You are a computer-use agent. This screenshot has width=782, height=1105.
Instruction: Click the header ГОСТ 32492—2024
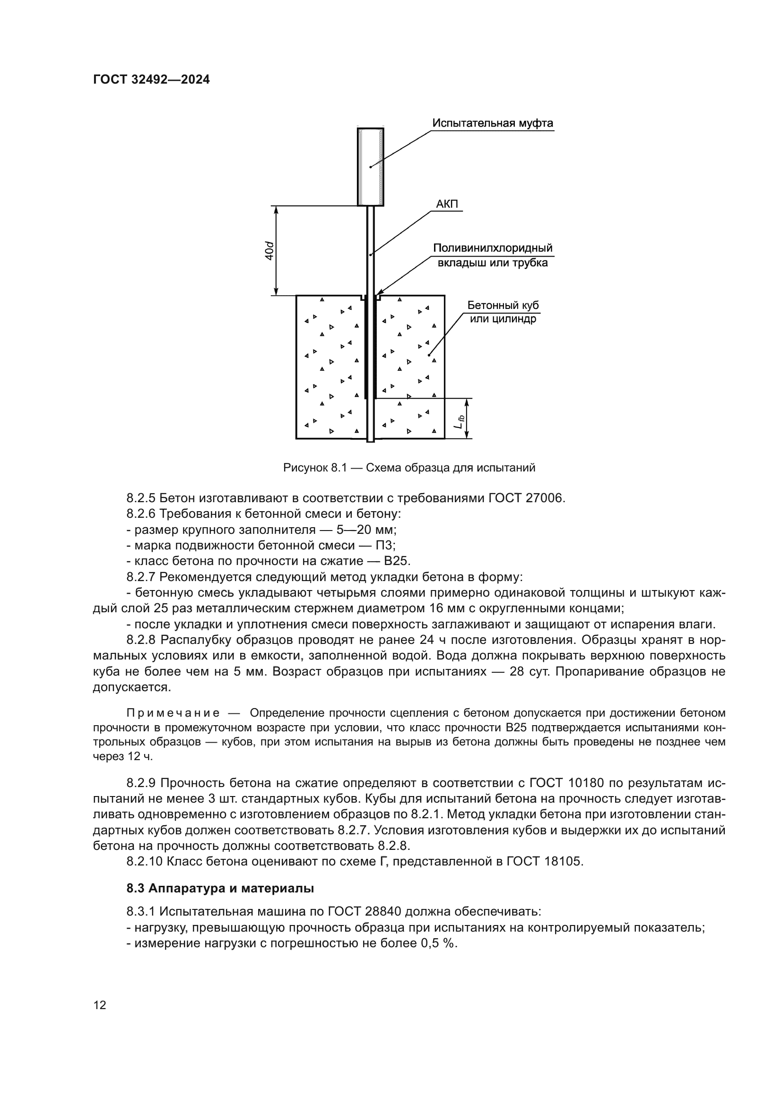click(151, 80)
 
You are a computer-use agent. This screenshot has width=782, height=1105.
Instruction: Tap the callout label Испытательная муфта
click(492, 123)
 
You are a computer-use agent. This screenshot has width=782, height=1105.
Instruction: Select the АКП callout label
click(447, 204)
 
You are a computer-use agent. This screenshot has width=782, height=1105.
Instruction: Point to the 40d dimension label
click(270, 251)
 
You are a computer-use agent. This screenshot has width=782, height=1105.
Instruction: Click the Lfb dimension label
click(461, 421)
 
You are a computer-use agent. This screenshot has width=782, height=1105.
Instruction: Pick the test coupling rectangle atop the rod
click(370, 166)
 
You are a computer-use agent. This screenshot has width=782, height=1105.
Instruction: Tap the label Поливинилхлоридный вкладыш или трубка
click(492, 256)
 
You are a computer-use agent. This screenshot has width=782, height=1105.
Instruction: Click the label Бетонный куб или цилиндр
click(503, 312)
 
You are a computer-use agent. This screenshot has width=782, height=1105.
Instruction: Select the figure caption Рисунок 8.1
click(409, 468)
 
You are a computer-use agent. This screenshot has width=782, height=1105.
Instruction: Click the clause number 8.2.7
click(141, 577)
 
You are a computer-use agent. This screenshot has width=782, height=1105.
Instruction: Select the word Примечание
click(173, 713)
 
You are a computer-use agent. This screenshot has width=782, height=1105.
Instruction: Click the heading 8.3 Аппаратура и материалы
click(220, 889)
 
